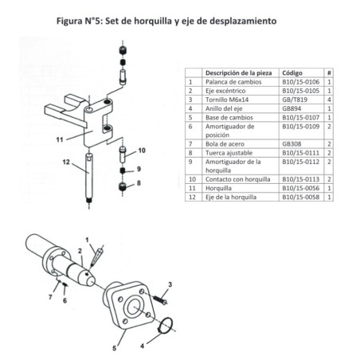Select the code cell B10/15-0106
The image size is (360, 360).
click(300, 81)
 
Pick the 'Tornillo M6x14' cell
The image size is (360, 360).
click(228, 100)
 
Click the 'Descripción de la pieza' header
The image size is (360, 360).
click(238, 72)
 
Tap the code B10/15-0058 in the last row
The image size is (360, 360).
click(300, 196)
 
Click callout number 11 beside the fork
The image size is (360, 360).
click(59, 139)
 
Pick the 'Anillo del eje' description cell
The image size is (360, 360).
click(226, 109)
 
